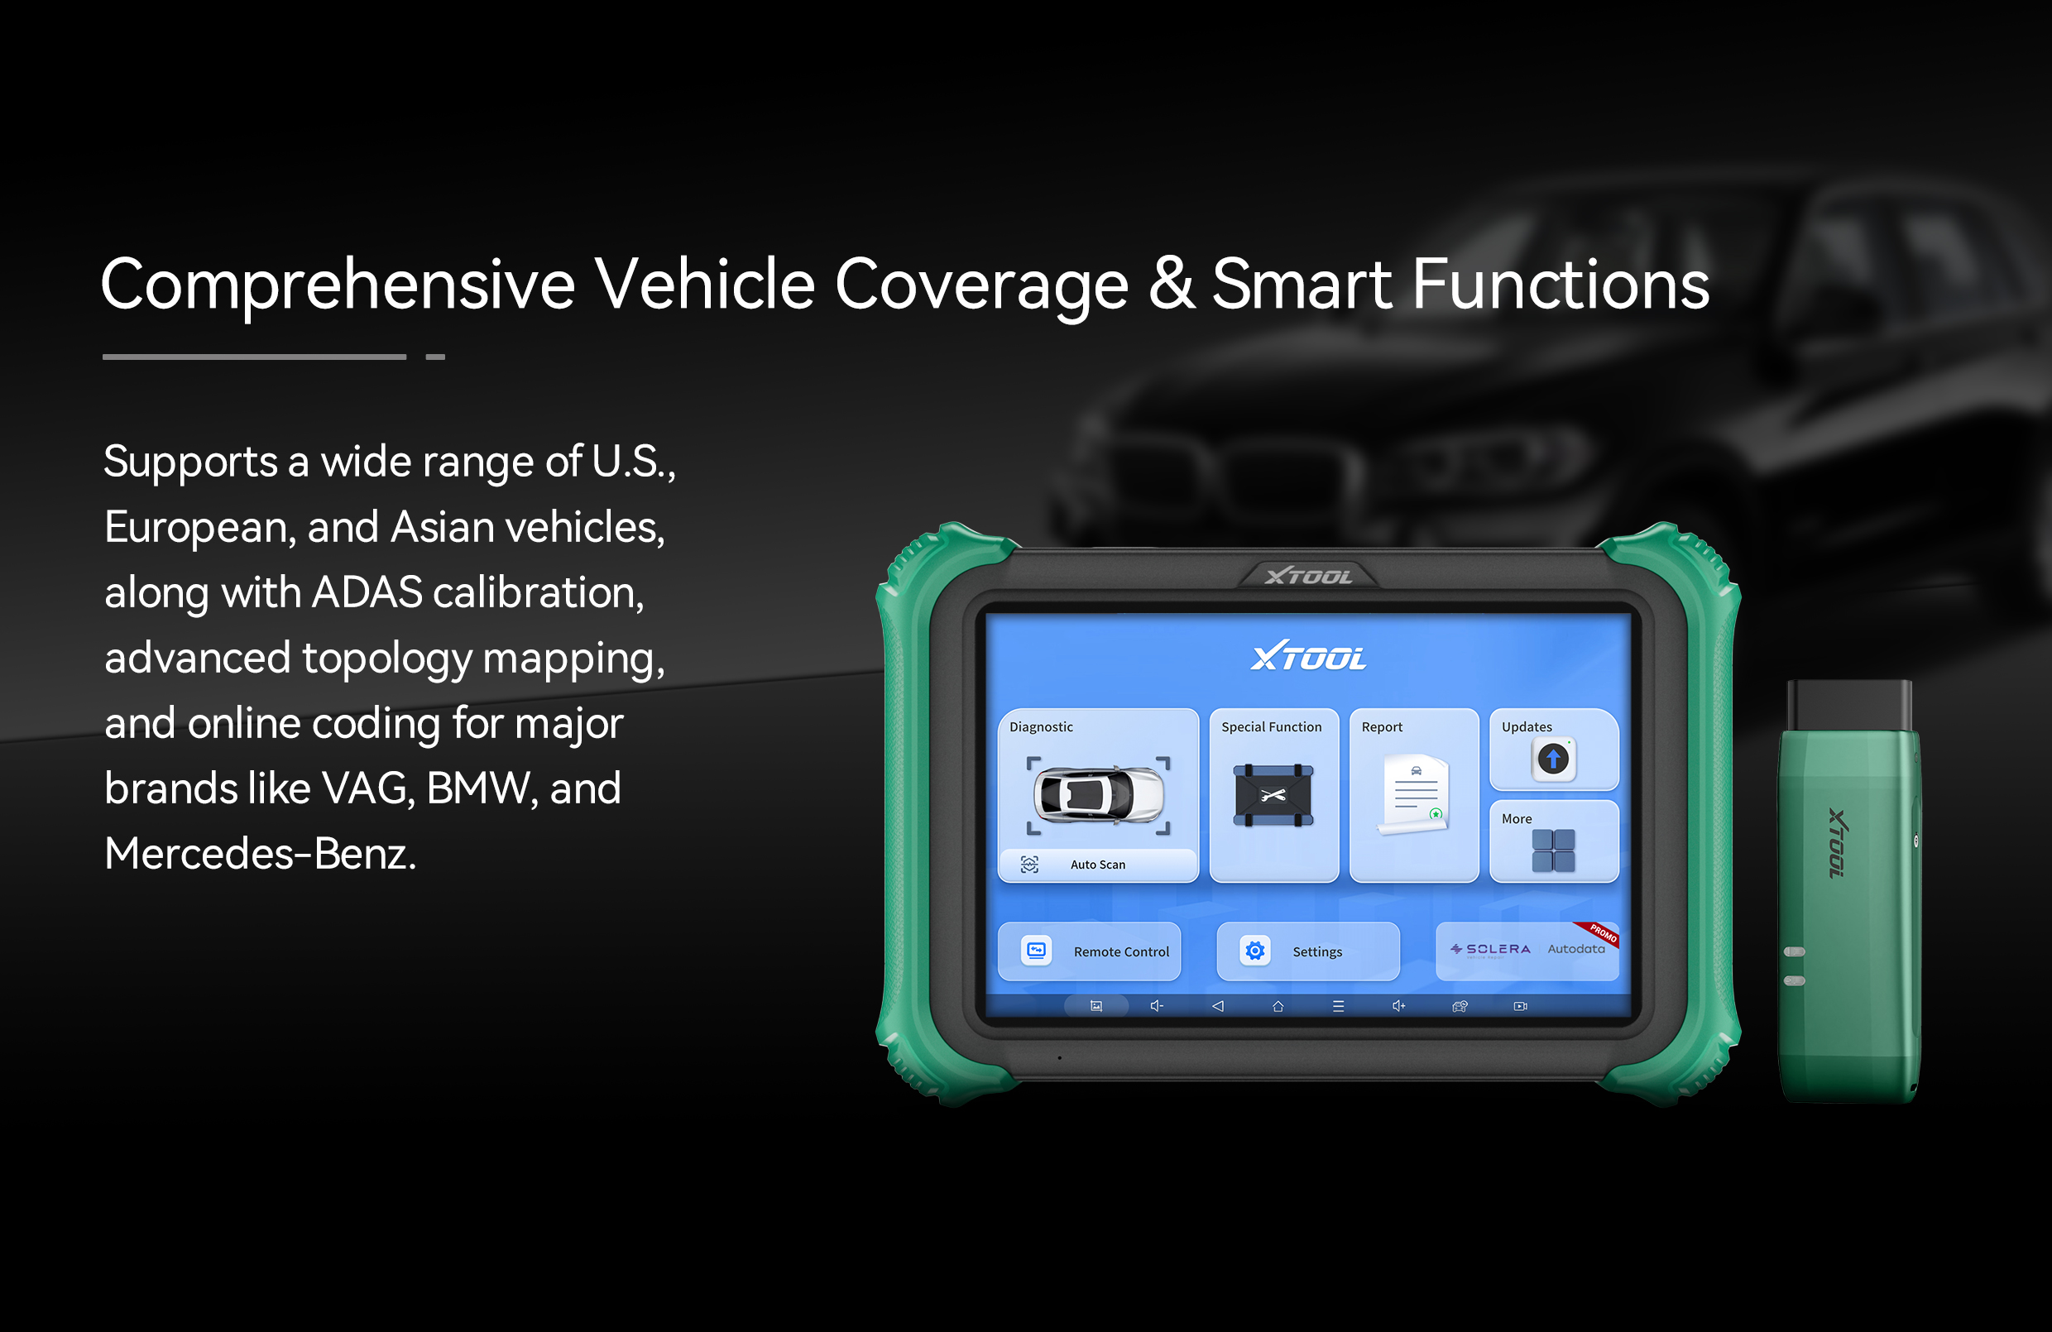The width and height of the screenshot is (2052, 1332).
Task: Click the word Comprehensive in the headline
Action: click(x=337, y=285)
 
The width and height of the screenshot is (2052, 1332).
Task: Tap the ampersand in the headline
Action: click(x=1172, y=283)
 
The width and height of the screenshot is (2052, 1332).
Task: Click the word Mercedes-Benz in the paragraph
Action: click(x=261, y=854)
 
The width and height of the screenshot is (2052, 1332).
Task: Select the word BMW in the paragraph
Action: click(x=477, y=788)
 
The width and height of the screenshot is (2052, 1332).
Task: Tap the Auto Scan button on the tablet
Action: click(x=1097, y=865)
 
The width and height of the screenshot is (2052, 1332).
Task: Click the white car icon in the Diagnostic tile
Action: click(x=1099, y=795)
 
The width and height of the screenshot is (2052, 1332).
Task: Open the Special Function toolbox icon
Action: click(x=1273, y=795)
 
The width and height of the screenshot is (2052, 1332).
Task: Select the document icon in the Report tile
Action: click(x=1414, y=794)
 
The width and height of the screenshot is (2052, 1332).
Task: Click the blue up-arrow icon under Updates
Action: click(x=1554, y=759)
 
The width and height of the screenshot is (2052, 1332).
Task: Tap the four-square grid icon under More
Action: click(x=1554, y=851)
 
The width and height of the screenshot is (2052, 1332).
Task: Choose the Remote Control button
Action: click(x=1090, y=951)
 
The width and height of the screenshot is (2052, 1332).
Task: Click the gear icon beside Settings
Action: click(x=1255, y=951)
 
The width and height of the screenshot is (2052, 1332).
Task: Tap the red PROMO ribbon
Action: click(x=1599, y=934)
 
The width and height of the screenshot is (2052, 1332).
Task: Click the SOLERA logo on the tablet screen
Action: click(x=1491, y=949)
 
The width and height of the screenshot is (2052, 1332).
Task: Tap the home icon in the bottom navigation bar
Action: click(x=1278, y=1006)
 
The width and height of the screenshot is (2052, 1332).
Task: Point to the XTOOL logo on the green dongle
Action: click(x=1838, y=843)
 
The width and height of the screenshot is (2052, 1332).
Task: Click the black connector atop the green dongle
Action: click(x=1849, y=706)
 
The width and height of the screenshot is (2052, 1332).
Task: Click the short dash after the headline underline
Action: click(x=435, y=357)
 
